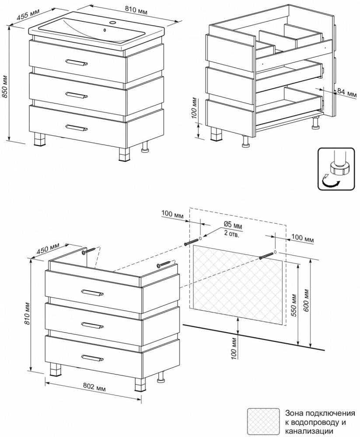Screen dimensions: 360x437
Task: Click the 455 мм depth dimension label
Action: (x=28, y=14)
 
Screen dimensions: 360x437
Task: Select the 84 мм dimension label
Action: (x=347, y=93)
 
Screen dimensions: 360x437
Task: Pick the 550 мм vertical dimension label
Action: (x=294, y=305)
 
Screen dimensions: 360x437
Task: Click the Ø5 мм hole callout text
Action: (x=233, y=225)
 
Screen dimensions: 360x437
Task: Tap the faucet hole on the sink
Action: (x=114, y=22)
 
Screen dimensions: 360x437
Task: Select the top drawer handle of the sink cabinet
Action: (x=77, y=62)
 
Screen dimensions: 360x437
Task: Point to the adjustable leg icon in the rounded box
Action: (x=336, y=169)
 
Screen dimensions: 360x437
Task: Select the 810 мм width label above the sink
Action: (x=136, y=10)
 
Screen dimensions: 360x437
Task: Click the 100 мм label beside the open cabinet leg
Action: (x=196, y=108)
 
